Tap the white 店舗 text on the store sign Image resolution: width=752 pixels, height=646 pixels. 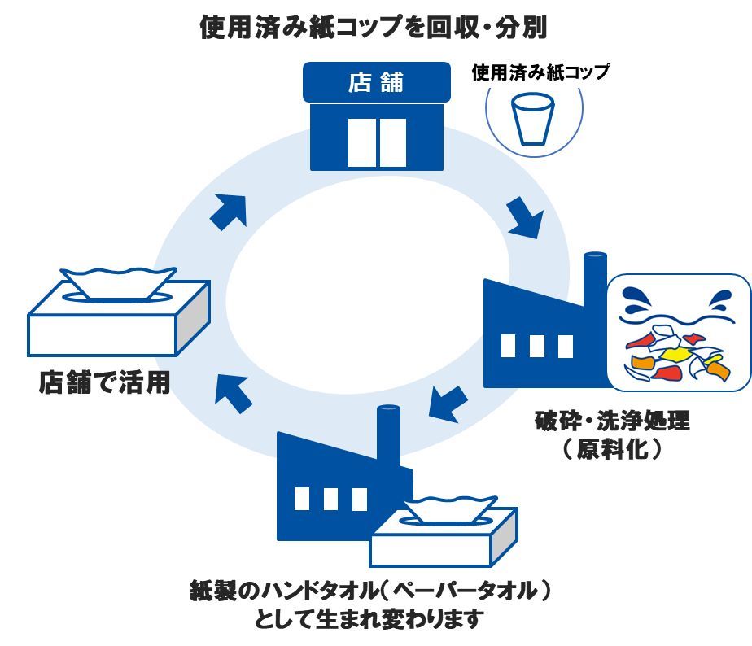[376, 83]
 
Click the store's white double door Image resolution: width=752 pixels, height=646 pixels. [376, 142]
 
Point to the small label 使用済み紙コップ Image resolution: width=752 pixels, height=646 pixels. [540, 72]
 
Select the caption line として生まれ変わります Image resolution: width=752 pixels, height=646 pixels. [369, 620]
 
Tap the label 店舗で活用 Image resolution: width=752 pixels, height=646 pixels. [105, 382]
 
